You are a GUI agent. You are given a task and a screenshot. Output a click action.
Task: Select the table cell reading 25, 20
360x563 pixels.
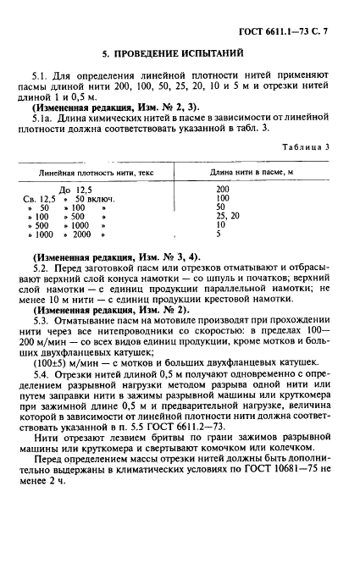pyautogui.click(x=229, y=216)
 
